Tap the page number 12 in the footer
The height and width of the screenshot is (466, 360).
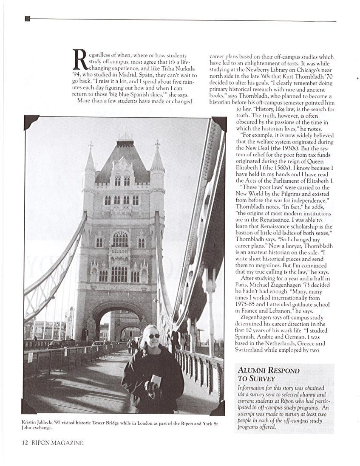25,443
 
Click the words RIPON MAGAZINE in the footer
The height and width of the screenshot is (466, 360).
57,443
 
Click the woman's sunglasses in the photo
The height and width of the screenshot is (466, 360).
153,336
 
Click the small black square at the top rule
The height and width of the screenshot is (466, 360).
28,18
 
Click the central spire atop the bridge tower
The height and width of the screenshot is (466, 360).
125,133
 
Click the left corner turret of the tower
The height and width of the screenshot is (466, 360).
90,161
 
